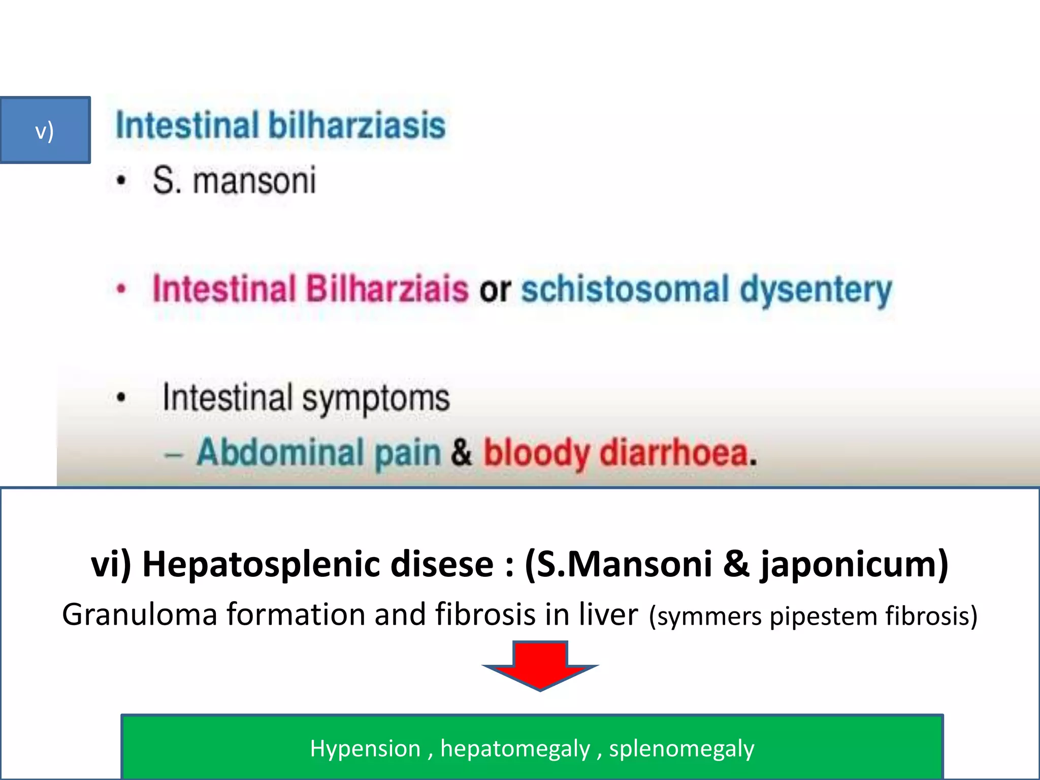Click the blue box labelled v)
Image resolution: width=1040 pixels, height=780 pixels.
tap(45, 130)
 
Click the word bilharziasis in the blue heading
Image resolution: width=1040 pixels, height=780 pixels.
tap(356, 125)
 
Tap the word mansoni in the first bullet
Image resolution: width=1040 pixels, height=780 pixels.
tap(254, 181)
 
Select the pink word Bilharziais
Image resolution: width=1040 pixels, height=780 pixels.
tap(386, 288)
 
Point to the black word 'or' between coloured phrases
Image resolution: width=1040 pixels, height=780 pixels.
tap(495, 289)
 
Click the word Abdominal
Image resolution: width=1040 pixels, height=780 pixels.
tap(280, 452)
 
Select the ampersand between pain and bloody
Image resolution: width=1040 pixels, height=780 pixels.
tap(461, 452)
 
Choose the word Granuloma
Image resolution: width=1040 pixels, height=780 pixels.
tap(140, 614)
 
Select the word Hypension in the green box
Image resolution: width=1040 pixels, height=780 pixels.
tap(365, 749)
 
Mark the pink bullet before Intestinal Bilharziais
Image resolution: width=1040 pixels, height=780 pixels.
tap(121, 289)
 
